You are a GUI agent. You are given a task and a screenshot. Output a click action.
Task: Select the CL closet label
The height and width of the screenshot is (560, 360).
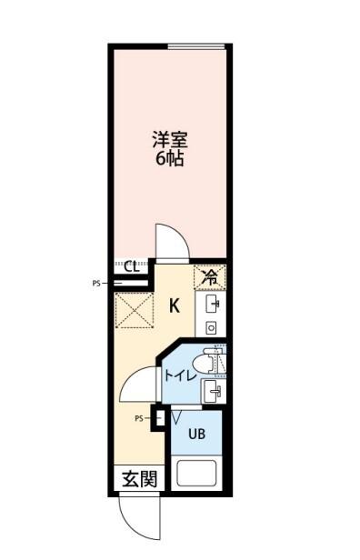[x=131, y=266]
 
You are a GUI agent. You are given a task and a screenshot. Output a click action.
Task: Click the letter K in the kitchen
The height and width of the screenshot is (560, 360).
[x=175, y=305]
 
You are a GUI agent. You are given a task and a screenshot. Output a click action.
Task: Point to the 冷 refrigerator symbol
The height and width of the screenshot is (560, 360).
[x=210, y=275]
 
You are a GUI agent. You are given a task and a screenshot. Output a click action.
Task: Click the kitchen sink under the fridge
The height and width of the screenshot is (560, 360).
[x=212, y=303]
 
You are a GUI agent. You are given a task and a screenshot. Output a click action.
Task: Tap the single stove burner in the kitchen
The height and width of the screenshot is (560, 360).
[x=211, y=326]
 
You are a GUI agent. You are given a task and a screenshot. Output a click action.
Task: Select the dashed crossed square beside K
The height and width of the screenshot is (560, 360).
[x=135, y=311]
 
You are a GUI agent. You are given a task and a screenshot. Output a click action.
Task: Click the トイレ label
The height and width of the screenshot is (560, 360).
[x=180, y=375]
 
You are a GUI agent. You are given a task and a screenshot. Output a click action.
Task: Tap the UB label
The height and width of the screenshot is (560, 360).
[x=196, y=434]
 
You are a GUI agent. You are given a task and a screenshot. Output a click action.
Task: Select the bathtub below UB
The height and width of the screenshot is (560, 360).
[x=198, y=475]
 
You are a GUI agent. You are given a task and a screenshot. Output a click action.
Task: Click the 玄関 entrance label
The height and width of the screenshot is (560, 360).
[x=140, y=478]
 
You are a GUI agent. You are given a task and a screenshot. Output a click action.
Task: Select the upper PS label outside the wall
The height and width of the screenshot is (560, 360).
[x=96, y=284]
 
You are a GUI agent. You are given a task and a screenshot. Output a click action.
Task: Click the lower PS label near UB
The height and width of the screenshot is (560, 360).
[x=139, y=418]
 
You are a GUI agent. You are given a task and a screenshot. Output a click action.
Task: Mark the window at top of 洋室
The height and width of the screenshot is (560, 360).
[x=197, y=46]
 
